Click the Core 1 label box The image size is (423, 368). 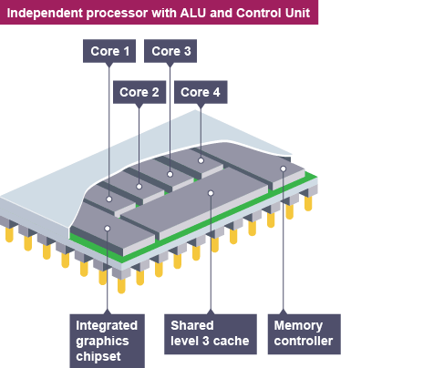(x=109, y=51)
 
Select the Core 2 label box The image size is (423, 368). (x=139, y=92)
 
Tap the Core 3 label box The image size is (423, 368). (x=170, y=51)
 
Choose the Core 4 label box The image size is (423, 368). (x=201, y=92)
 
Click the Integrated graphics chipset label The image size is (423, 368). (x=108, y=341)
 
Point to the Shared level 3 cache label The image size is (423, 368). (x=211, y=334)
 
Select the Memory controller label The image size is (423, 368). (x=304, y=334)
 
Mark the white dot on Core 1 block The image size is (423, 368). (x=109, y=199)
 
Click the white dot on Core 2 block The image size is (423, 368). (x=139, y=187)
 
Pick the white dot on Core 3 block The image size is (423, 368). (x=170, y=174)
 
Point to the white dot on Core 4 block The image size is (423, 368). (x=201, y=160)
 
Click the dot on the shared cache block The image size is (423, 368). (x=211, y=193)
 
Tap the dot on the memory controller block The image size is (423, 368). (x=284, y=169)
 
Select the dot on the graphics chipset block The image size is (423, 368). (x=108, y=229)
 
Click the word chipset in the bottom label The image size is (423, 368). (x=98, y=357)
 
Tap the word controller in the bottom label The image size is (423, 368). (x=304, y=341)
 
